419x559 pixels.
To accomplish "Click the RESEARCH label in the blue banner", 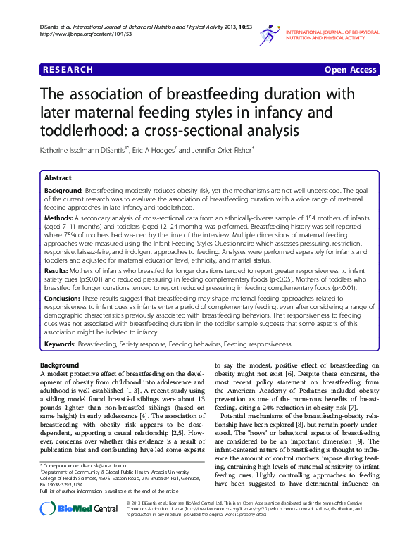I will [x=68, y=70].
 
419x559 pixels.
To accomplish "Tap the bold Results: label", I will [x=58, y=270].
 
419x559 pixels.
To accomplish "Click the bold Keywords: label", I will [x=60, y=344].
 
